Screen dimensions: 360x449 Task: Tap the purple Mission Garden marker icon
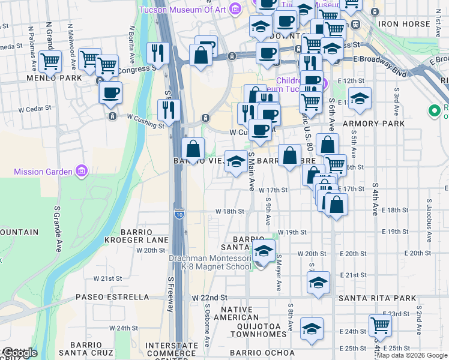[x=82, y=172]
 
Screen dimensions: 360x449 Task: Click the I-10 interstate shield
[x=179, y=213]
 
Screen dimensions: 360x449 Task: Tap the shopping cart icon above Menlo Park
[x=50, y=60]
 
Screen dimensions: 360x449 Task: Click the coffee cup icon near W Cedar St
[x=110, y=92]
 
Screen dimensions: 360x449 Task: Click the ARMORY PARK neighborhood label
[x=375, y=124]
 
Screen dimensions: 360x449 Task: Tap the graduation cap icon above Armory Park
[x=360, y=98]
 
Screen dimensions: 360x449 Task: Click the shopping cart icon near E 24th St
[x=380, y=325]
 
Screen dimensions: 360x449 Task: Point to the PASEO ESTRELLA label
[x=112, y=297]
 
